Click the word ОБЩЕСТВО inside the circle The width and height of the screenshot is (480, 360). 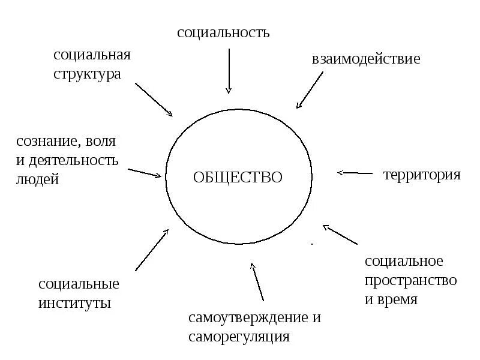pyautogui.click(x=238, y=178)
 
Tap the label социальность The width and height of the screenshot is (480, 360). pyautogui.click(x=223, y=32)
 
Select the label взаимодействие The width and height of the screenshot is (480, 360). pyautogui.click(x=365, y=59)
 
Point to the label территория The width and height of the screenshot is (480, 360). pyautogui.click(x=421, y=175)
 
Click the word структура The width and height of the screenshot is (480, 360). pyautogui.click(x=87, y=75)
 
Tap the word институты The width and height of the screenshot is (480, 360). pyautogui.click(x=74, y=302)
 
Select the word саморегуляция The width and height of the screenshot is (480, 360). pyautogui.click(x=239, y=337)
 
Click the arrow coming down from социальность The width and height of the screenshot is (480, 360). pyautogui.click(x=229, y=71)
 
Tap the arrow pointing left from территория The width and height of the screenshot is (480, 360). pyautogui.click(x=355, y=173)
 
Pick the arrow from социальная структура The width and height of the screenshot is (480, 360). pyautogui.click(x=154, y=99)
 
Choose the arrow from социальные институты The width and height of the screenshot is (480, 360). pyautogui.click(x=152, y=250)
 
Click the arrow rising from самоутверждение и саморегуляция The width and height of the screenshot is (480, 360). pyautogui.click(x=257, y=282)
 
